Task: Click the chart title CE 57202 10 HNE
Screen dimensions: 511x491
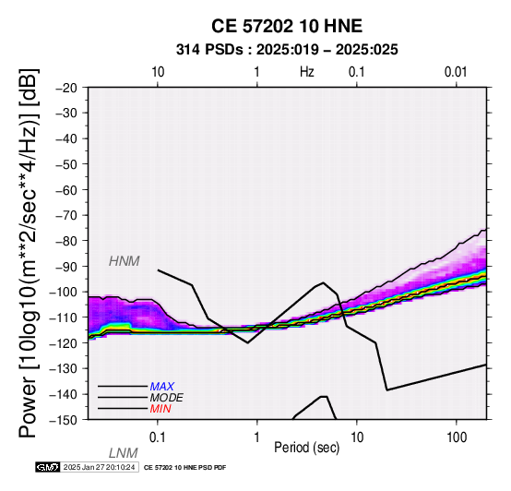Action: (287, 26)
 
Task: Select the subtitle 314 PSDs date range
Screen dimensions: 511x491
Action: (287, 50)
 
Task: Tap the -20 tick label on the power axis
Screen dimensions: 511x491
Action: (66, 88)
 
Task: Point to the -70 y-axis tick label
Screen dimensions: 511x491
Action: (66, 215)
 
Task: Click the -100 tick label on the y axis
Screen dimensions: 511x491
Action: (64, 292)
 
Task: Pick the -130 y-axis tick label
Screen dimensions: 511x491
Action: (64, 368)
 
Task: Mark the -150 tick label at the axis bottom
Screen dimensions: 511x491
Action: (64, 420)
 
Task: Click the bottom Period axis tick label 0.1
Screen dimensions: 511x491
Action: (158, 437)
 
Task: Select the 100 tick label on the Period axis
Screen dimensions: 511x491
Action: (457, 437)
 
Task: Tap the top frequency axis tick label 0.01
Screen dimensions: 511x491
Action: (456, 72)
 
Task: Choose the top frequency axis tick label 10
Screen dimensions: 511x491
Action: (158, 72)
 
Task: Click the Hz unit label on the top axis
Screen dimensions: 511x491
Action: (307, 72)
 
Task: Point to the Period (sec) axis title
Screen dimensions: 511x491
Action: (306, 448)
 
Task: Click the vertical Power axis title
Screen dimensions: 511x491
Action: (29, 254)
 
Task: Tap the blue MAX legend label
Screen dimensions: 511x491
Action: (162, 387)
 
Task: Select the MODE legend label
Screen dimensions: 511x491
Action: (167, 398)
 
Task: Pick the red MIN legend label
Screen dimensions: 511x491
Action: (160, 409)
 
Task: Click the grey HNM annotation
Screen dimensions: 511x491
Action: (125, 261)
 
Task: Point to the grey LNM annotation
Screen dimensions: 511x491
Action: (124, 453)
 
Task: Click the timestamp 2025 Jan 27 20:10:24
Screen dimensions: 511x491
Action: (99, 467)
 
